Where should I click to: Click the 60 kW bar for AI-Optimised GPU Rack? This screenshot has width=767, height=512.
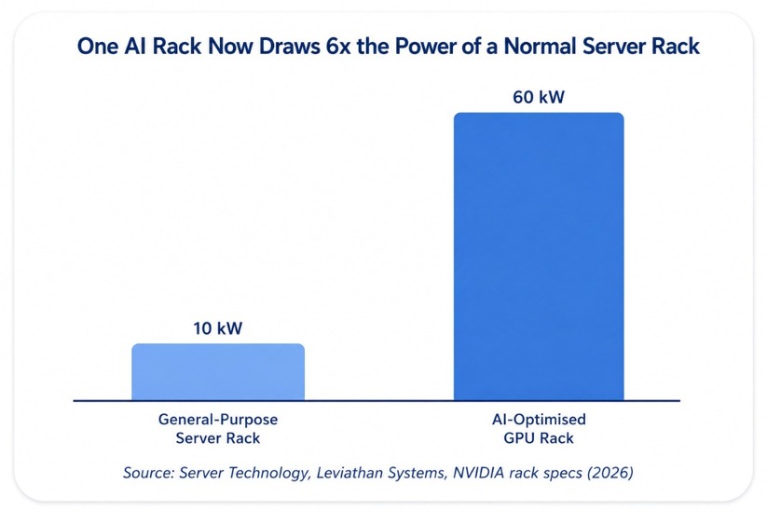(539, 256)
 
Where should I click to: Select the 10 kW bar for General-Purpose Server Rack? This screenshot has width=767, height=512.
(218, 372)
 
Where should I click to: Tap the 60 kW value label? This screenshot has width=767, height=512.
(539, 97)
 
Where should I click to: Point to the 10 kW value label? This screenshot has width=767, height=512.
(218, 328)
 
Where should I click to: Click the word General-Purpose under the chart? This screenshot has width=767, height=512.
(218, 420)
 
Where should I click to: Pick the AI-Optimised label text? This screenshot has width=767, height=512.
(539, 420)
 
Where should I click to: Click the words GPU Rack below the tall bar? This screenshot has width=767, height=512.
(539, 438)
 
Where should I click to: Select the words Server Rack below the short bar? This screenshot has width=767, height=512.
(218, 438)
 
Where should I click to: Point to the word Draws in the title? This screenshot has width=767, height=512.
(288, 47)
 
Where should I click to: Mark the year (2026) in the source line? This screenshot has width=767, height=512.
(610, 473)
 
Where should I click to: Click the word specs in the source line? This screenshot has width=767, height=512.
(563, 474)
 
